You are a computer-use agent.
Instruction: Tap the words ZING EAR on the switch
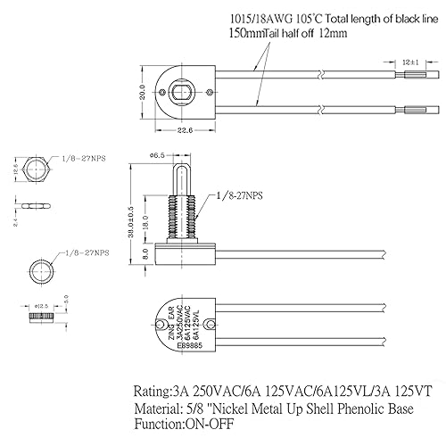point(170,328)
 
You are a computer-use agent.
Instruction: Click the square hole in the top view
point(182,93)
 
